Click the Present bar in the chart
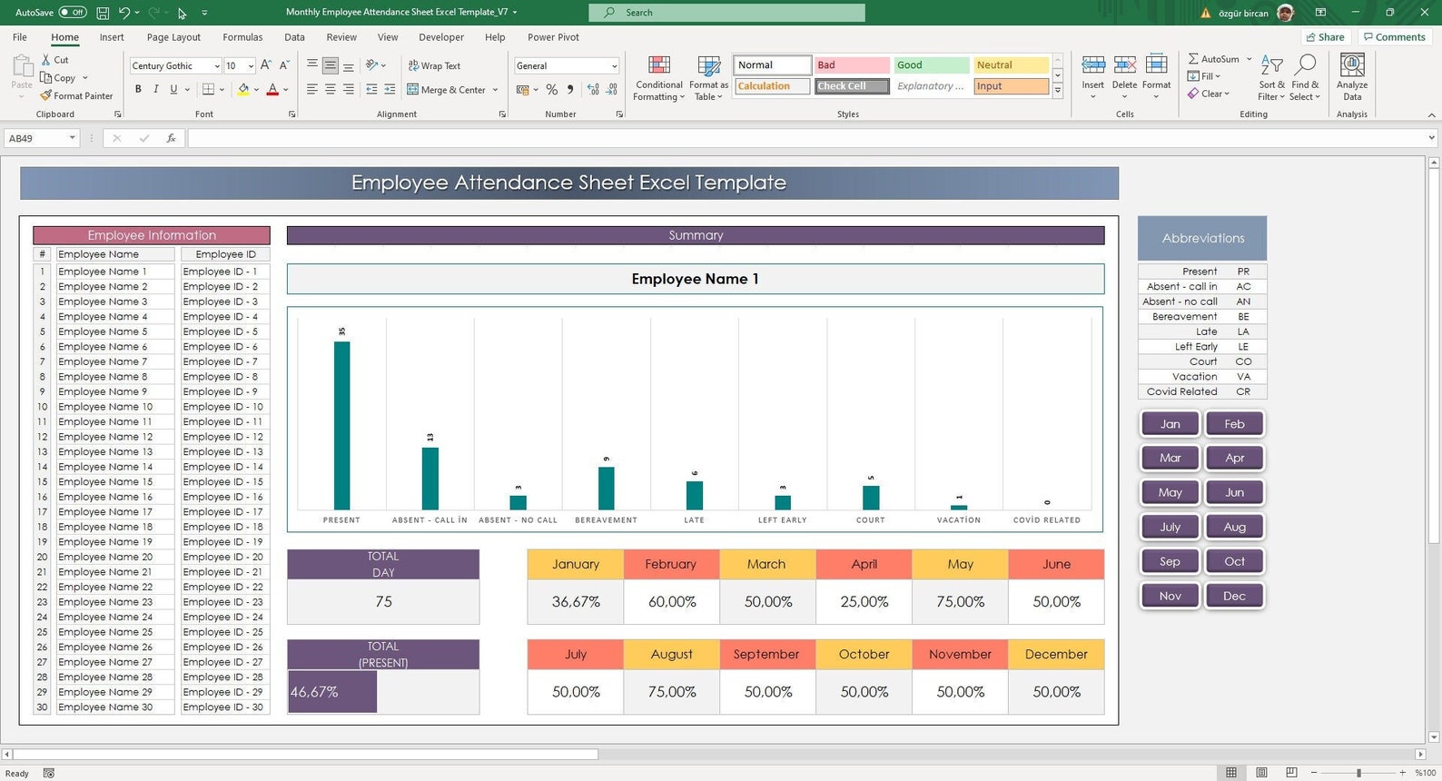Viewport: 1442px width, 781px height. point(341,425)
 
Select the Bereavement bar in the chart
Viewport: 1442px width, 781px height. point(606,488)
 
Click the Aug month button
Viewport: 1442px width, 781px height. point(1234,527)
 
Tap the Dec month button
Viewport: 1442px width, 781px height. point(1234,596)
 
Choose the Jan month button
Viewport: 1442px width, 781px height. point(1170,424)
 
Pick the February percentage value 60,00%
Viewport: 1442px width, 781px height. point(672,602)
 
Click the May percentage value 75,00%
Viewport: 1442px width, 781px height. point(960,602)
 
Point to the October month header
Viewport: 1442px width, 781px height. point(864,654)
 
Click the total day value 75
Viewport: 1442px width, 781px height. point(383,602)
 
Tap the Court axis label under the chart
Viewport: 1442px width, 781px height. point(870,520)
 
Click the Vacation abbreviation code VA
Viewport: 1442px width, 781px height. point(1243,377)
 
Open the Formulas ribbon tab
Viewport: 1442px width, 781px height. point(242,37)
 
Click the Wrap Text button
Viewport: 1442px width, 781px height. point(434,65)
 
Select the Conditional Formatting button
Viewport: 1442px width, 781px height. point(658,77)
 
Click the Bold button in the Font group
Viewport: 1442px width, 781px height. point(138,89)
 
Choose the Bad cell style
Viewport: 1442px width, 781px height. point(851,65)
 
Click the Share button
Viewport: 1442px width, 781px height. point(1325,37)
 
